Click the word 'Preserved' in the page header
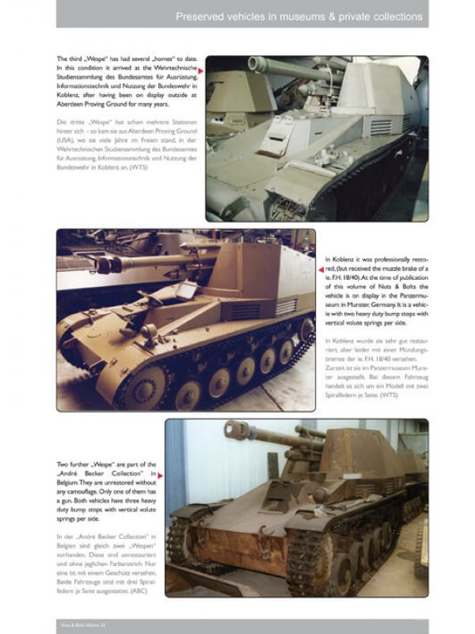click(201, 15)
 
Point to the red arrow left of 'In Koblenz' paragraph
click(321, 269)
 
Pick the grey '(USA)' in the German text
click(66, 138)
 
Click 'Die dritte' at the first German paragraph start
click(70, 120)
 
